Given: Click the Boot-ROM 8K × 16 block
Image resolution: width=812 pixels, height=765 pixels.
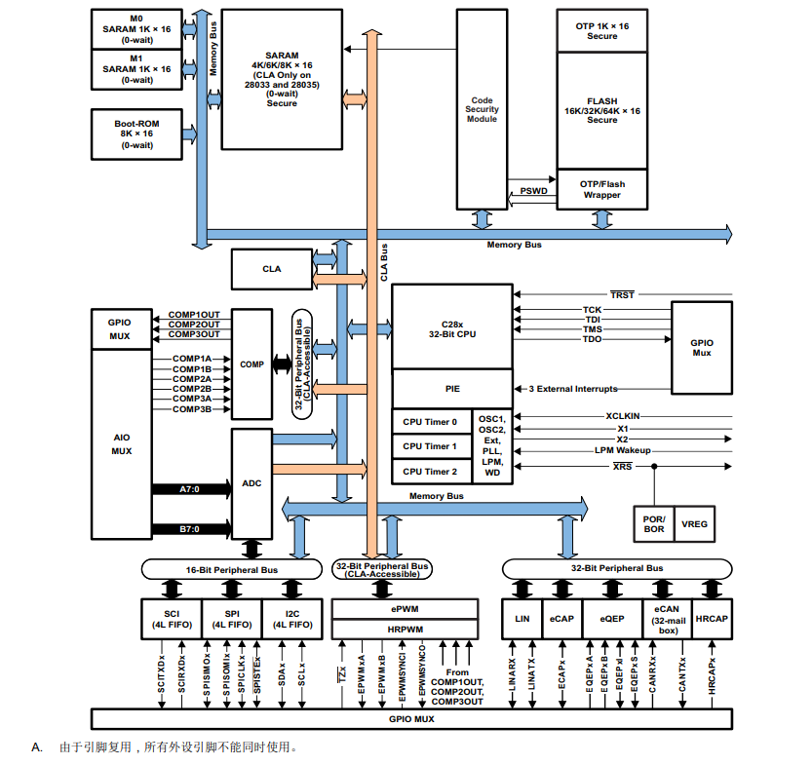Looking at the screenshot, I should coord(136,134).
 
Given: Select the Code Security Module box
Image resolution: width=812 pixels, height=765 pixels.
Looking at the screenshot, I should coord(482,109).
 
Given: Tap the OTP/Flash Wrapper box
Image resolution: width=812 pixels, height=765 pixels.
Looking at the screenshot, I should coord(601,189).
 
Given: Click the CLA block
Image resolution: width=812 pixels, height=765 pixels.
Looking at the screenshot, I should coord(272,269).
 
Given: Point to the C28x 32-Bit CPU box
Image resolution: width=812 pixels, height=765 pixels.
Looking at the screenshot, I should coord(451,327).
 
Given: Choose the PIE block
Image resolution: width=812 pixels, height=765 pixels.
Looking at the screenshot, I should coord(451,388).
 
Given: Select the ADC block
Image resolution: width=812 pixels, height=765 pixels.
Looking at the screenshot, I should coord(251,482).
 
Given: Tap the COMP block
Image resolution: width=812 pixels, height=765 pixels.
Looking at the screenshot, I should coord(251,364).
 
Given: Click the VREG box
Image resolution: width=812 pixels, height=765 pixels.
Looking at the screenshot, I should coord(695,523).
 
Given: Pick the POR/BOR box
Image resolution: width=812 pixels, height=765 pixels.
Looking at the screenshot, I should coord(654,523).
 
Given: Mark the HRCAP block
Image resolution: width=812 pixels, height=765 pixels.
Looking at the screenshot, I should coord(713,618).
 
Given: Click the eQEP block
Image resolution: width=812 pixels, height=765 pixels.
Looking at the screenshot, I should coord(611,618).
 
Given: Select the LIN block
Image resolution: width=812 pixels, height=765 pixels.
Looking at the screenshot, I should coord(522,618).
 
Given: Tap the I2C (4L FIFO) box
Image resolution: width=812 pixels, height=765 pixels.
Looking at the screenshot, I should coord(292,618).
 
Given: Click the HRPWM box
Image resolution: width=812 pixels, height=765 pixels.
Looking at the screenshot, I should coord(406,630).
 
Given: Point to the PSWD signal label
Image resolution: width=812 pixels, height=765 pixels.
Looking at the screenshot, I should coord(532,191).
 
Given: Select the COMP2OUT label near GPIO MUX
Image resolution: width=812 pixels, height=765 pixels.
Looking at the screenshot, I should coord(194,324).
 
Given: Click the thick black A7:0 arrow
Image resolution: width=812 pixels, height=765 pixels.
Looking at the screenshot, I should coord(190,489).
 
